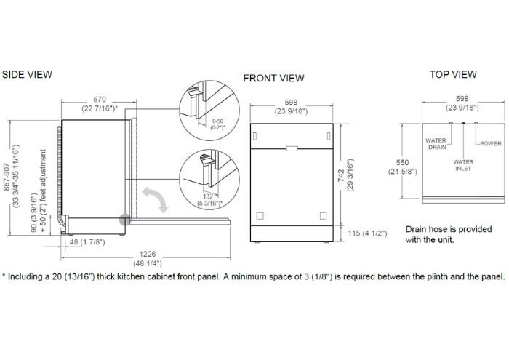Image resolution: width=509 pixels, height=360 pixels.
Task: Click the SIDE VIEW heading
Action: pos(27,74)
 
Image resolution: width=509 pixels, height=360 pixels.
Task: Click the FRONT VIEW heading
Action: pos(273,79)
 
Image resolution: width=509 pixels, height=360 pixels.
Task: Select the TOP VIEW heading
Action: pos(453,74)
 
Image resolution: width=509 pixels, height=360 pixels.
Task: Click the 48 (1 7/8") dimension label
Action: pos(87,242)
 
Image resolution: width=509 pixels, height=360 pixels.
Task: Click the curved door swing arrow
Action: pos(155,199)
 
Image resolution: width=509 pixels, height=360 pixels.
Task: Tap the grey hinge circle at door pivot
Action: pos(125,220)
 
